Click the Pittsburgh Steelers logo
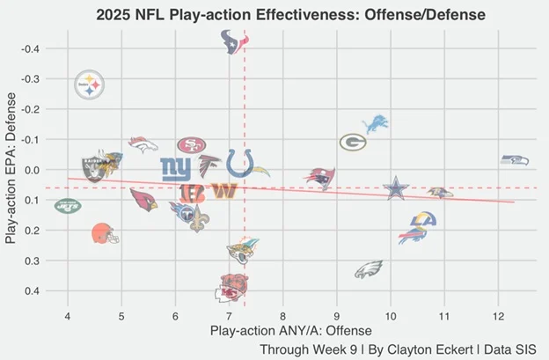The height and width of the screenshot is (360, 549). pyautogui.click(x=89, y=84)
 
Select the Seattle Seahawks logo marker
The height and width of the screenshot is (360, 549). pyautogui.click(x=515, y=160)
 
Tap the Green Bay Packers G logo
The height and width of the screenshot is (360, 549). pyautogui.click(x=353, y=142)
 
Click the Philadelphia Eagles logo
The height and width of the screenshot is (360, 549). pyautogui.click(x=369, y=269)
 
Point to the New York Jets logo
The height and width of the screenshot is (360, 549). pyautogui.click(x=67, y=207)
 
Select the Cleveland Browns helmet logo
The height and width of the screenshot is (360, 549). pyautogui.click(x=104, y=234)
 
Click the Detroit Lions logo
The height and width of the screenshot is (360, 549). pyautogui.click(x=376, y=122)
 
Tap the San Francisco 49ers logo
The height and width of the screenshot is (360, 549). pyautogui.click(x=191, y=144)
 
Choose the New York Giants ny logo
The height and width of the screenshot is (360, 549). pyautogui.click(x=175, y=167)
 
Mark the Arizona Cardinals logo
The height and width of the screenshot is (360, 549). pyautogui.click(x=143, y=199)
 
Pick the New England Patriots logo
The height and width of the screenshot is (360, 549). pyautogui.click(x=320, y=179)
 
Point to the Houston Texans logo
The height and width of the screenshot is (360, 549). pyautogui.click(x=233, y=40)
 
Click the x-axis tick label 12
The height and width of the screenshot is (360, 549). pyautogui.click(x=498, y=316)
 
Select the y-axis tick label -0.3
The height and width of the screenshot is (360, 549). pyautogui.click(x=30, y=79)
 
